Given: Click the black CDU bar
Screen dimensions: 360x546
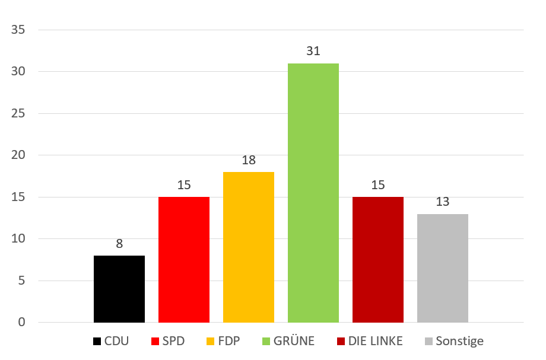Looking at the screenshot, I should click(x=119, y=289).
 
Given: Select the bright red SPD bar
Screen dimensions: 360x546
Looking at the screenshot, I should click(x=184, y=259).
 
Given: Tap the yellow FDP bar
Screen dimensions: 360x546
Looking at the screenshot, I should click(x=249, y=247).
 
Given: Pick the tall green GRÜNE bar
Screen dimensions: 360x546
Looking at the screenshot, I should click(x=313, y=193).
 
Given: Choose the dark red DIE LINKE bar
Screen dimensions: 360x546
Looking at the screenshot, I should click(x=378, y=259).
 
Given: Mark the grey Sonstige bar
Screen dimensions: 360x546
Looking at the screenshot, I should click(x=443, y=268).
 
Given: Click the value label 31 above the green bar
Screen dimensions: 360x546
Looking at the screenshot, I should click(x=313, y=52).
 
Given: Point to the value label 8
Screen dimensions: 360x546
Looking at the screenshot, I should click(x=119, y=244).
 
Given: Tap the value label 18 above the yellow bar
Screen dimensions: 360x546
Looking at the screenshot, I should click(x=249, y=160).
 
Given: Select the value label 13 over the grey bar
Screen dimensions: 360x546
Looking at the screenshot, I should click(x=443, y=202).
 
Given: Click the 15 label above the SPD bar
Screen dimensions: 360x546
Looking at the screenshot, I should click(x=184, y=185).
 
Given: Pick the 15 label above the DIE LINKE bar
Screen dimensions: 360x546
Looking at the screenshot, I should click(x=378, y=185).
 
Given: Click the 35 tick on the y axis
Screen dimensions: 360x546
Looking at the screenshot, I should click(x=18, y=30).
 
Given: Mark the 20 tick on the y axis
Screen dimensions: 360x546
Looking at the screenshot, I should click(x=18, y=155).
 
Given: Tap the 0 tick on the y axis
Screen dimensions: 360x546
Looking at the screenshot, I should click(x=22, y=323).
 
